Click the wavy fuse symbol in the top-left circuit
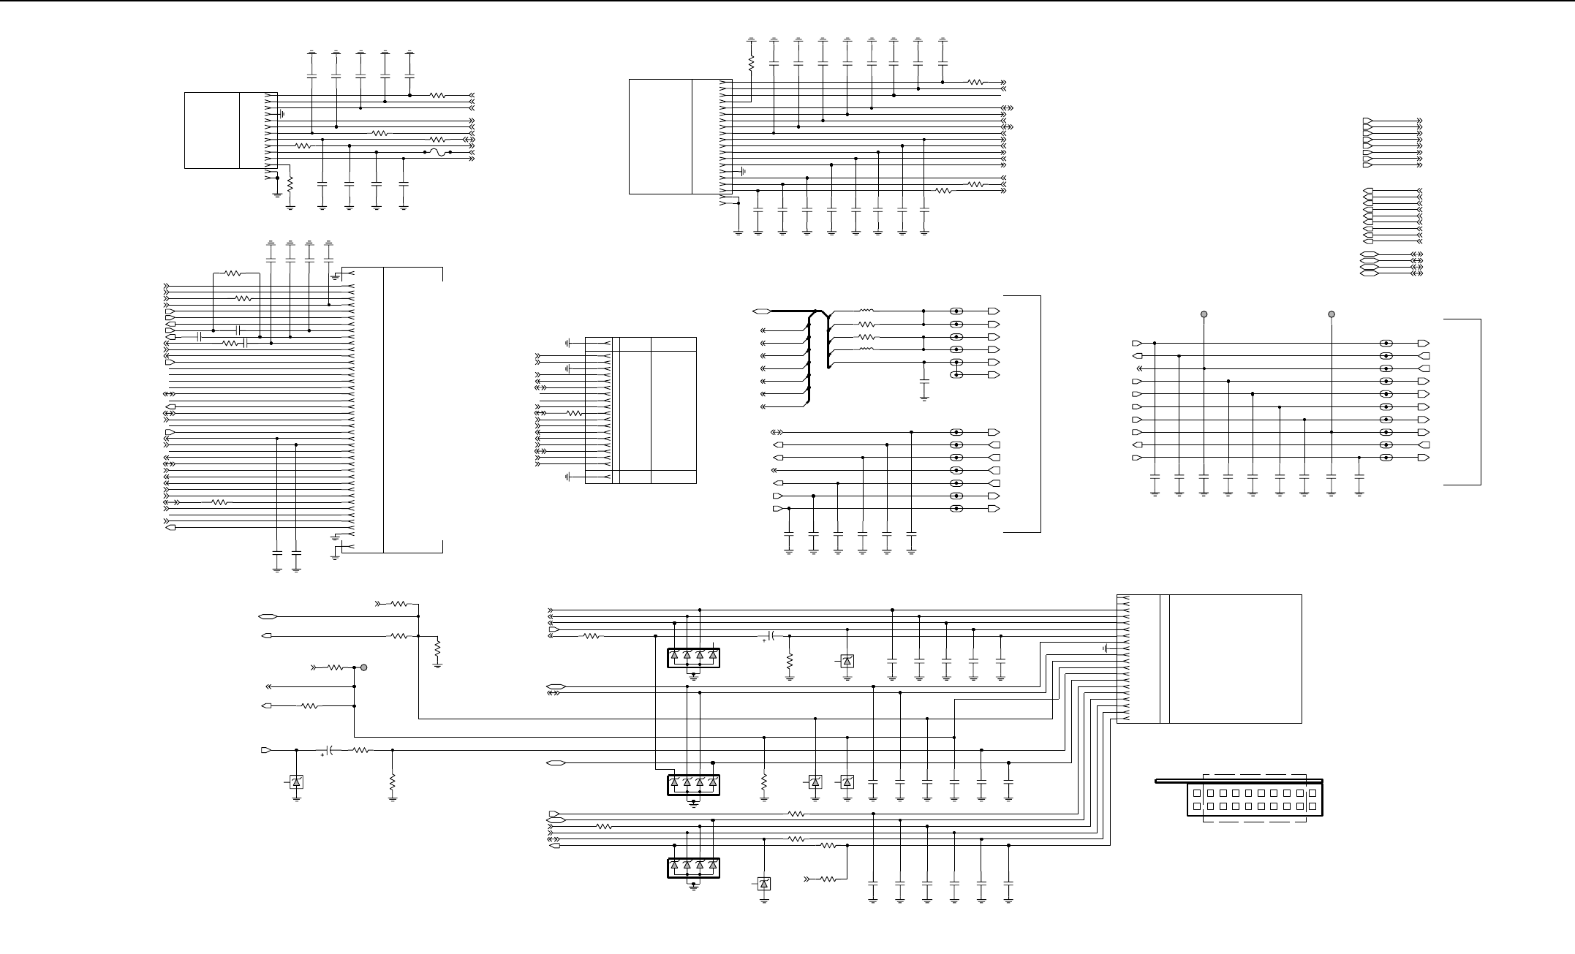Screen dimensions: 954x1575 pyautogui.click(x=437, y=152)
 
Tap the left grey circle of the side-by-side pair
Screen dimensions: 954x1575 pyautogui.click(x=1204, y=314)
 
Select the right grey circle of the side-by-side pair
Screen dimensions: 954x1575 pyautogui.click(x=1332, y=314)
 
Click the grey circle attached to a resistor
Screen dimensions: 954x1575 pyautogui.click(x=363, y=667)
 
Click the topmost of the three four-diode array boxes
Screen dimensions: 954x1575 pyautogui.click(x=693, y=658)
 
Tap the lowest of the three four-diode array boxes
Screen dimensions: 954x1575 pyautogui.click(x=693, y=867)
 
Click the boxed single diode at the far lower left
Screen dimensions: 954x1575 pyautogui.click(x=296, y=782)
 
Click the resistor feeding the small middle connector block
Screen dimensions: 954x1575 pyautogui.click(x=575, y=413)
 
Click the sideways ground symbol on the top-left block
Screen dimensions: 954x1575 pyautogui.click(x=282, y=114)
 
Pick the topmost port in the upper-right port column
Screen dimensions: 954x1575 pyautogui.click(x=1367, y=120)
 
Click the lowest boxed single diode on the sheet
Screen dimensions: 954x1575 pyautogui.click(x=764, y=884)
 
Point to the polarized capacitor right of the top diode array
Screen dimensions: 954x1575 pyautogui.click(x=770, y=636)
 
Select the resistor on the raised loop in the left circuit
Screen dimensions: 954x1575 pyautogui.click(x=232, y=273)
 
